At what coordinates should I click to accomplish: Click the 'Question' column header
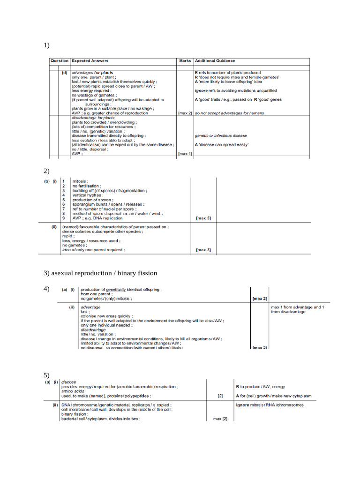pos(60,61)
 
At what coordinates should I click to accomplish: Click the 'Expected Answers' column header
pos(90,61)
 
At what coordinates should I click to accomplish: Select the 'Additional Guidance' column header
pos(215,61)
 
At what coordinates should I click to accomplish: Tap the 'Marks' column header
pos(185,61)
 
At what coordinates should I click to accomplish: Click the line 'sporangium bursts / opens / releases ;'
pos(108,204)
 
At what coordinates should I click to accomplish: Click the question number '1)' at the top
pos(46,45)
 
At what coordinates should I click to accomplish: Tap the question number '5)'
pos(46,375)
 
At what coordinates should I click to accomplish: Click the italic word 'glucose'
pos(68,382)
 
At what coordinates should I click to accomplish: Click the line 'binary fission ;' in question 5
pos(75,414)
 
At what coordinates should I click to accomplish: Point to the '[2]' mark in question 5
pos(220,396)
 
